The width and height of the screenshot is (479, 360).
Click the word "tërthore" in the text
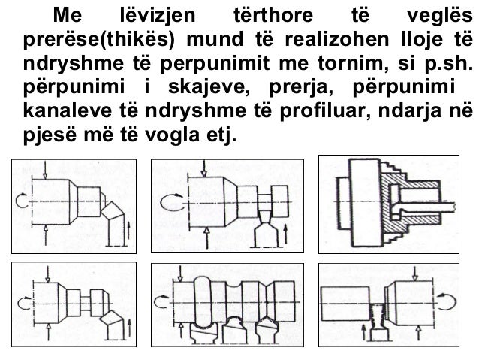tap(273, 15)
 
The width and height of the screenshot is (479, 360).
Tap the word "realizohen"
tap(337, 39)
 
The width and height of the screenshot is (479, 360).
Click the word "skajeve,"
tap(207, 87)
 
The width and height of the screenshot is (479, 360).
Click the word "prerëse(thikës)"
tap(98, 40)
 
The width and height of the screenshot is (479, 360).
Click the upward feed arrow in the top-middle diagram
tap(286, 234)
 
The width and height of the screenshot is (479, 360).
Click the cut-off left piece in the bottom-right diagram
tap(345, 304)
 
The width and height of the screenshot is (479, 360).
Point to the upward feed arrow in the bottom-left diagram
tap(130, 328)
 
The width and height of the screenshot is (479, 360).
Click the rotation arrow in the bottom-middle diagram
tap(161, 302)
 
